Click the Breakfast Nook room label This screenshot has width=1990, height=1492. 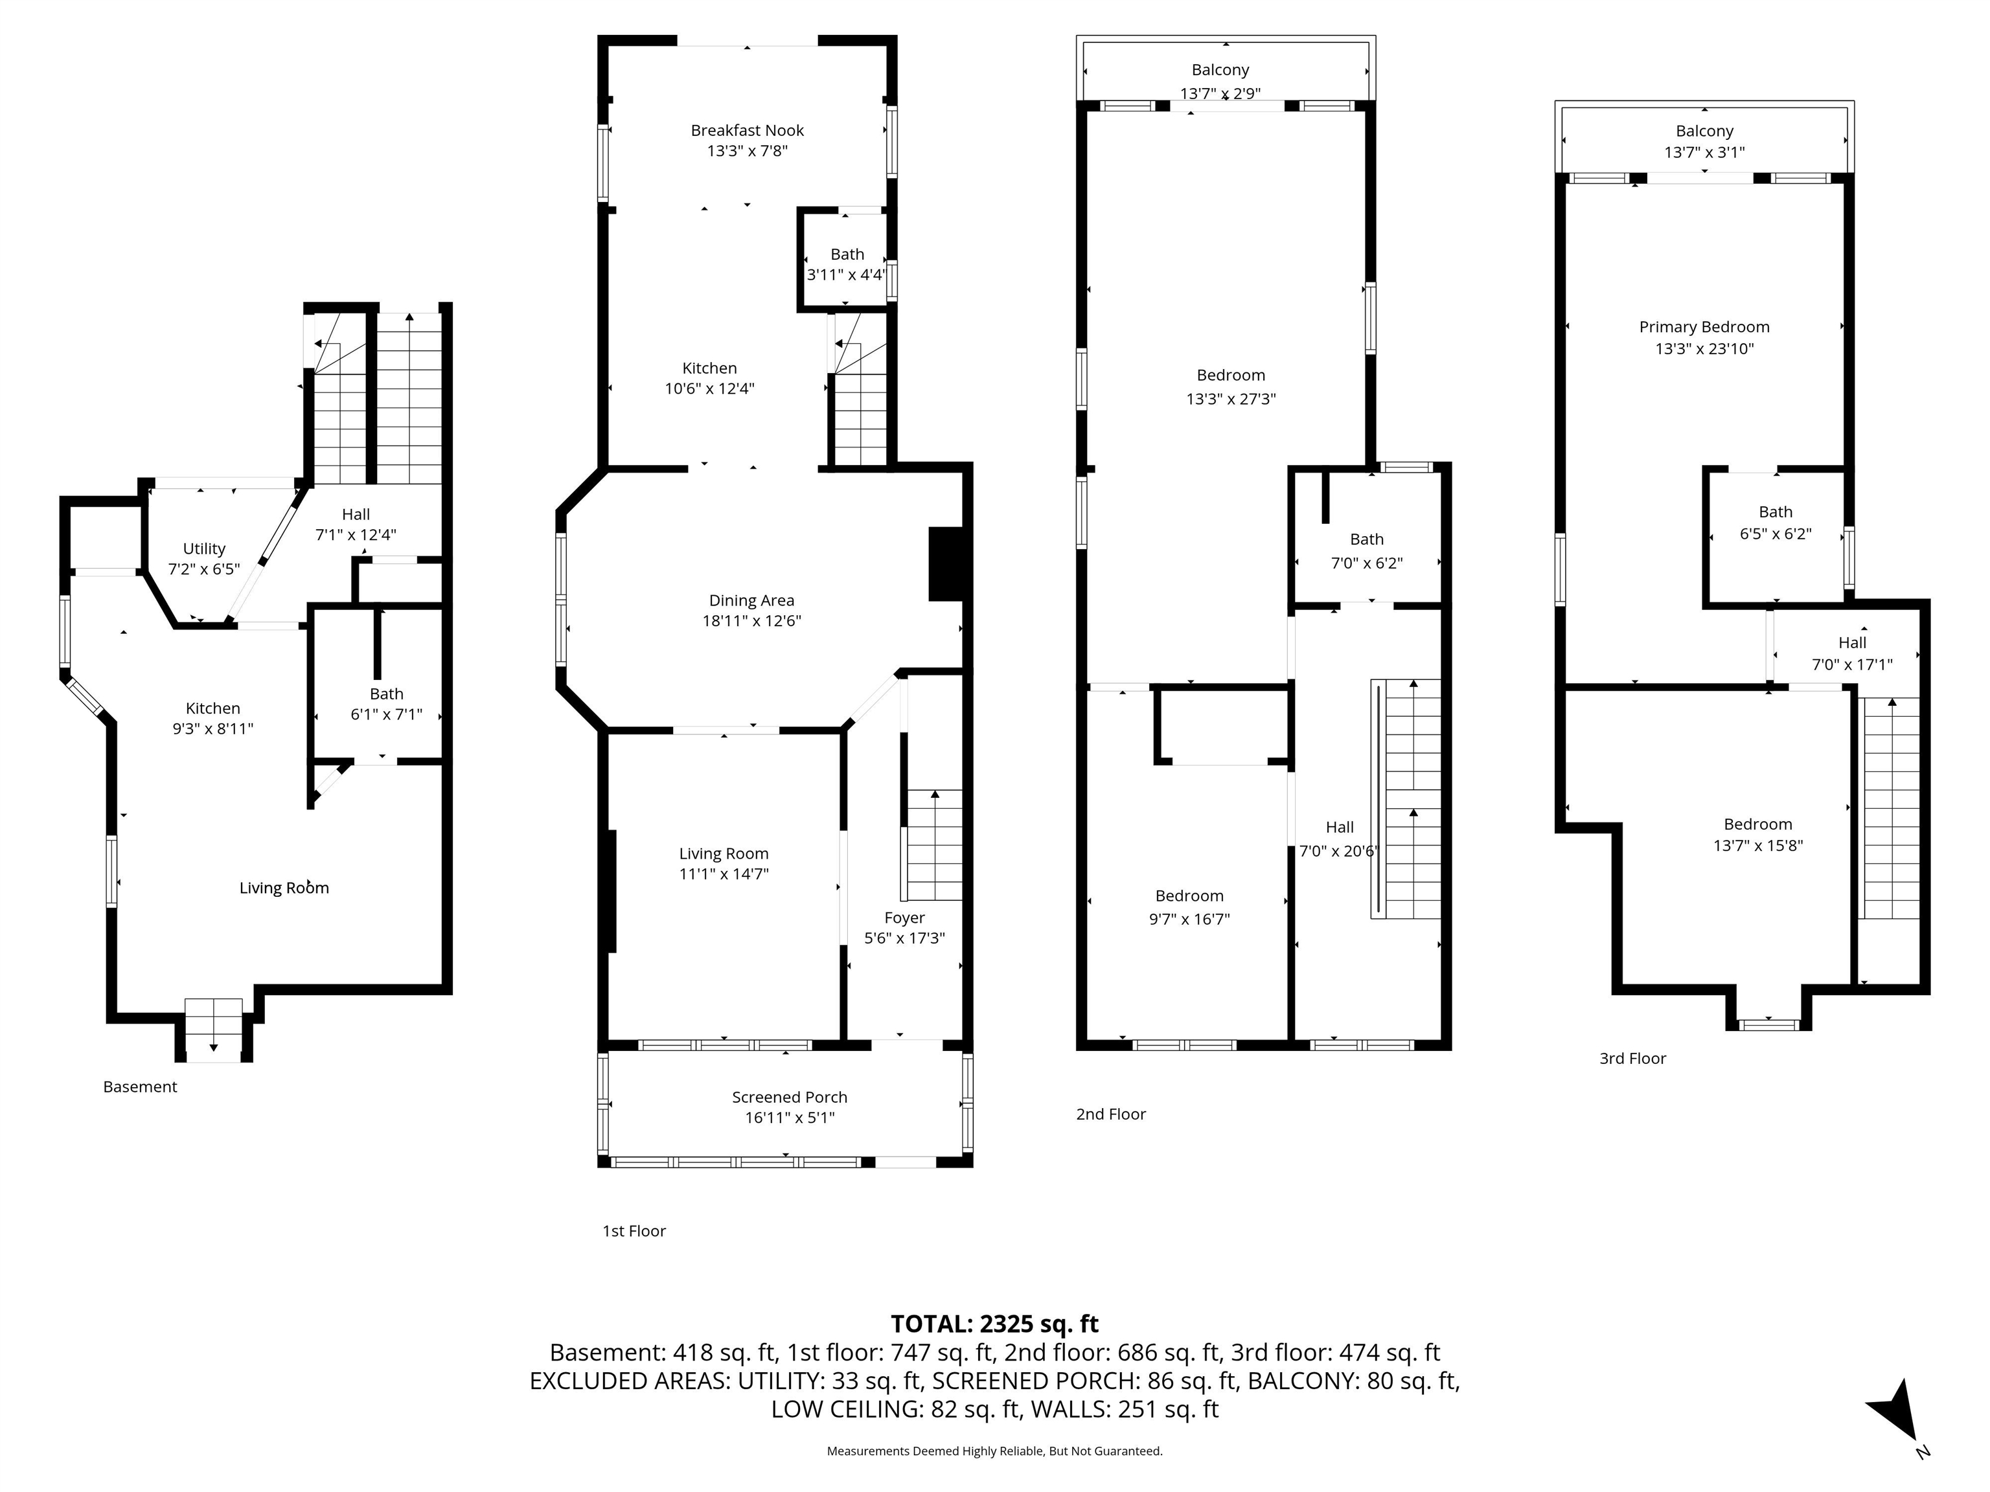(x=747, y=130)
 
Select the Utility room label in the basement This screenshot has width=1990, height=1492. (x=204, y=548)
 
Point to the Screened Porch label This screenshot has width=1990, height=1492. (x=789, y=1097)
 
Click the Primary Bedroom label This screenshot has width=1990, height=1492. (x=1704, y=328)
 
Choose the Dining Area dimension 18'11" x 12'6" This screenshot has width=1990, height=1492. (x=751, y=620)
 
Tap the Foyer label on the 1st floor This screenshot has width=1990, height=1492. (x=904, y=918)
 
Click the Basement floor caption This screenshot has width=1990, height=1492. (x=141, y=1087)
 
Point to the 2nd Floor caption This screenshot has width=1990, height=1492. (x=1111, y=1114)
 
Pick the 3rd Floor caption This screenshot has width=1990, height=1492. (x=1633, y=1059)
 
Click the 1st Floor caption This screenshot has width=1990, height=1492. (x=634, y=1231)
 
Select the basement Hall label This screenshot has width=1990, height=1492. (x=356, y=514)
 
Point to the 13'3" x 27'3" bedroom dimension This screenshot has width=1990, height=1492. (x=1231, y=398)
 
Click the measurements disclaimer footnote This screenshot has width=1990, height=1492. (x=994, y=1451)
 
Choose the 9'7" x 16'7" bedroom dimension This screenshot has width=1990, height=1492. (x=1189, y=919)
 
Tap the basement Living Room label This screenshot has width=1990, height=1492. (x=284, y=888)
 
